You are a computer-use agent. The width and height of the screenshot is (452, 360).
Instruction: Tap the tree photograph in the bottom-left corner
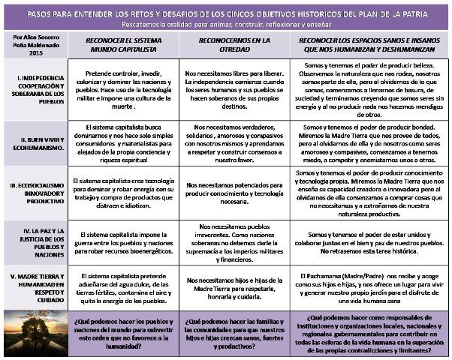(33, 332)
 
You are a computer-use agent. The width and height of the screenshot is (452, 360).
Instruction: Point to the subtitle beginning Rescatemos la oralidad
(225, 25)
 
